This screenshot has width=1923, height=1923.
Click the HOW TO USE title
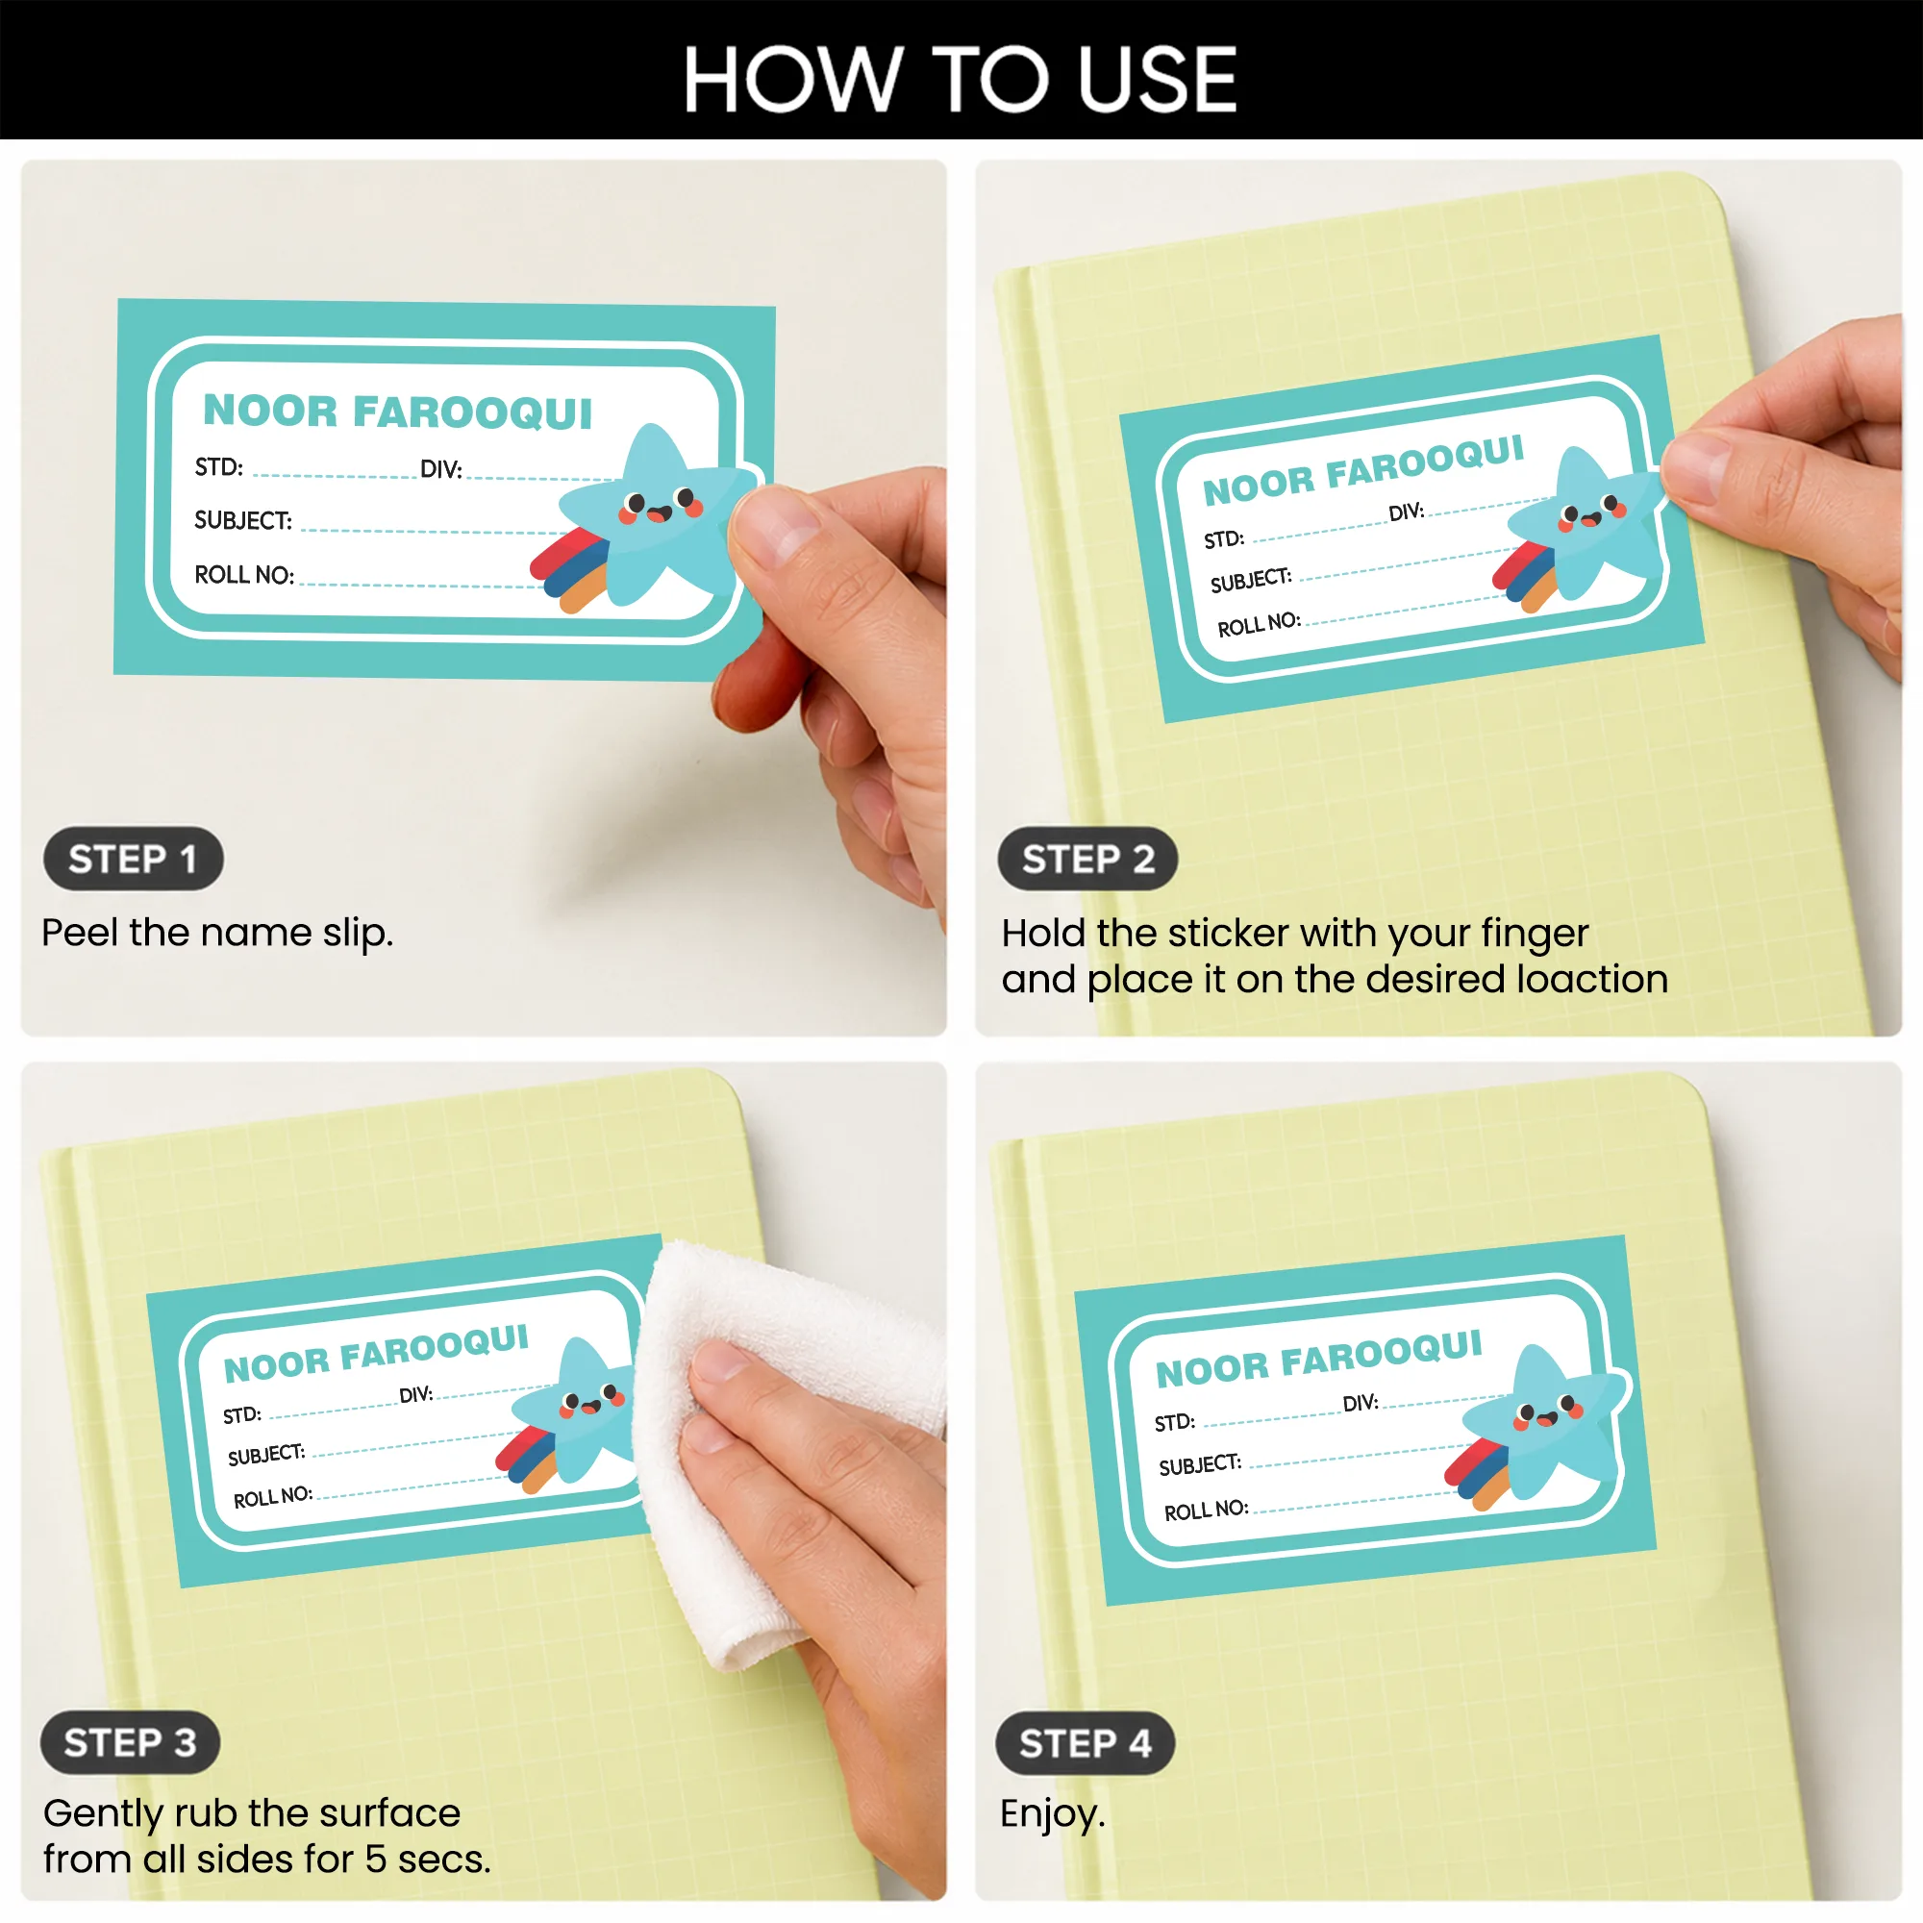pyautogui.click(x=960, y=80)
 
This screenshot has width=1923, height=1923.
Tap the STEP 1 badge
pyautogui.click(x=134, y=859)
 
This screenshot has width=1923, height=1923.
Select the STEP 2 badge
pyautogui.click(x=1087, y=859)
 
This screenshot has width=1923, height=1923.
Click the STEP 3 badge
pyautogui.click(x=131, y=1743)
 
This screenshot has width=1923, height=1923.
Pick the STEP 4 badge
pyautogui.click(x=1086, y=1744)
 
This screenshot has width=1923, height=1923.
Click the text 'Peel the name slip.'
pyautogui.click(x=218, y=934)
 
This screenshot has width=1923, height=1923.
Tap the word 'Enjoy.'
pyautogui.click(x=1053, y=1814)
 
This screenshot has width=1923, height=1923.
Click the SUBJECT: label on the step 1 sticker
pyautogui.click(x=243, y=520)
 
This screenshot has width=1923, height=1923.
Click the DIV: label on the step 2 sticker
pyautogui.click(x=1407, y=512)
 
